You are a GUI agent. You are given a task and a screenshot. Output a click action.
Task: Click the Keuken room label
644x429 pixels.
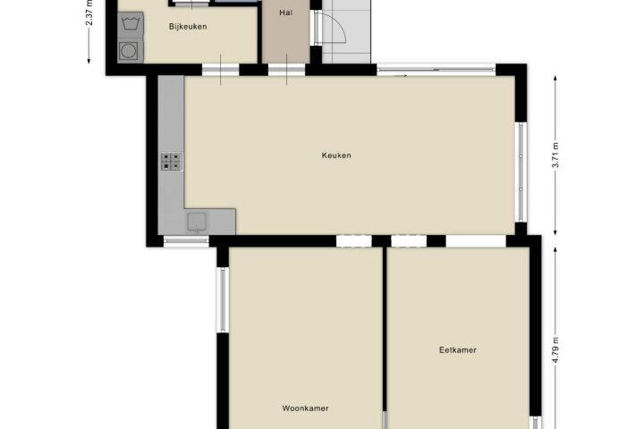pyautogui.click(x=336, y=156)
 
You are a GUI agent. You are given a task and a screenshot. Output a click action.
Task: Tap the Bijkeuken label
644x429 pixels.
pyautogui.click(x=188, y=27)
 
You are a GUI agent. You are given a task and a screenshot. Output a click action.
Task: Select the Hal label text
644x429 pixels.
pyautogui.click(x=286, y=13)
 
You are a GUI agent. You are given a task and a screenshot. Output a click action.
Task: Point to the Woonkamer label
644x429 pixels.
pyautogui.click(x=305, y=408)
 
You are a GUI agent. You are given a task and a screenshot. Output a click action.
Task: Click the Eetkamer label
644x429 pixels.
pyautogui.click(x=458, y=350)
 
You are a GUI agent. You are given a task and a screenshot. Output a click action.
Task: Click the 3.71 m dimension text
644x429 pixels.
pyautogui.click(x=555, y=155)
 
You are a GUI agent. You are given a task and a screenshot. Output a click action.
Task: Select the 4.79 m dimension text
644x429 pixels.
pyautogui.click(x=555, y=350)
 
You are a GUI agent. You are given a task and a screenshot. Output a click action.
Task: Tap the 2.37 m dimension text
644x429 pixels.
pyautogui.click(x=89, y=13)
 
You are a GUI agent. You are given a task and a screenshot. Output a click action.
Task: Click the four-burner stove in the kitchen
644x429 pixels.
pyautogui.click(x=172, y=162)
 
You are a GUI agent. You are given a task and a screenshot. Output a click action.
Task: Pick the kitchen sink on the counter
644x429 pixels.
pyautogui.click(x=197, y=222)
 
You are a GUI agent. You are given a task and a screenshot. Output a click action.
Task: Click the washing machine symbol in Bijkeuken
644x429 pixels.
pyautogui.click(x=131, y=25)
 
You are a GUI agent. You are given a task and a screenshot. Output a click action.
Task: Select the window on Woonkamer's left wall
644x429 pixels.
pyautogui.click(x=222, y=299)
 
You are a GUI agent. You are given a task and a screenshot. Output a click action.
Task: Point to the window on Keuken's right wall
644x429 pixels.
pyautogui.click(x=521, y=172)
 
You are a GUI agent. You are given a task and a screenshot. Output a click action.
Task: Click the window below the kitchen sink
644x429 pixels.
pyautogui.click(x=186, y=241)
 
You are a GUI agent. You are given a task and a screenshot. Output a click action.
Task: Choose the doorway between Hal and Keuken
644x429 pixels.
pyautogui.click(x=287, y=70)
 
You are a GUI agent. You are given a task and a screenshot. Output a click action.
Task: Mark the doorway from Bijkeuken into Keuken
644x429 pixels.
pyautogui.click(x=221, y=70)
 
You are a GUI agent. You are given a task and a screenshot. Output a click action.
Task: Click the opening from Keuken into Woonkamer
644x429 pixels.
pyautogui.click(x=354, y=241)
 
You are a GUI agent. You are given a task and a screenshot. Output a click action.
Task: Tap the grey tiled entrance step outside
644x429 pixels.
pyautogui.click(x=346, y=31)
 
